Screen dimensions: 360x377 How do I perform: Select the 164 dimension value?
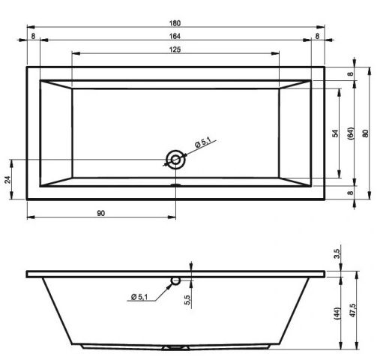(x=175, y=35)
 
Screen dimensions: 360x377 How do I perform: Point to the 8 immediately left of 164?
(x=34, y=35)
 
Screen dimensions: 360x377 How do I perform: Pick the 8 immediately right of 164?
(x=318, y=35)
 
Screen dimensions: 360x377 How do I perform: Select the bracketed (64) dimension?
(x=350, y=133)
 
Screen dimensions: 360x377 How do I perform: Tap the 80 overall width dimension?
(x=365, y=133)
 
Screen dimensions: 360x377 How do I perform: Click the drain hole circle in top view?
(x=175, y=159)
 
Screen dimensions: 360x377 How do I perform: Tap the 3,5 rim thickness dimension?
(x=336, y=254)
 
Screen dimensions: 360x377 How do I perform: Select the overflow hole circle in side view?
(x=175, y=282)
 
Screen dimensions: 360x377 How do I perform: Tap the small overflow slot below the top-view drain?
(x=175, y=182)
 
